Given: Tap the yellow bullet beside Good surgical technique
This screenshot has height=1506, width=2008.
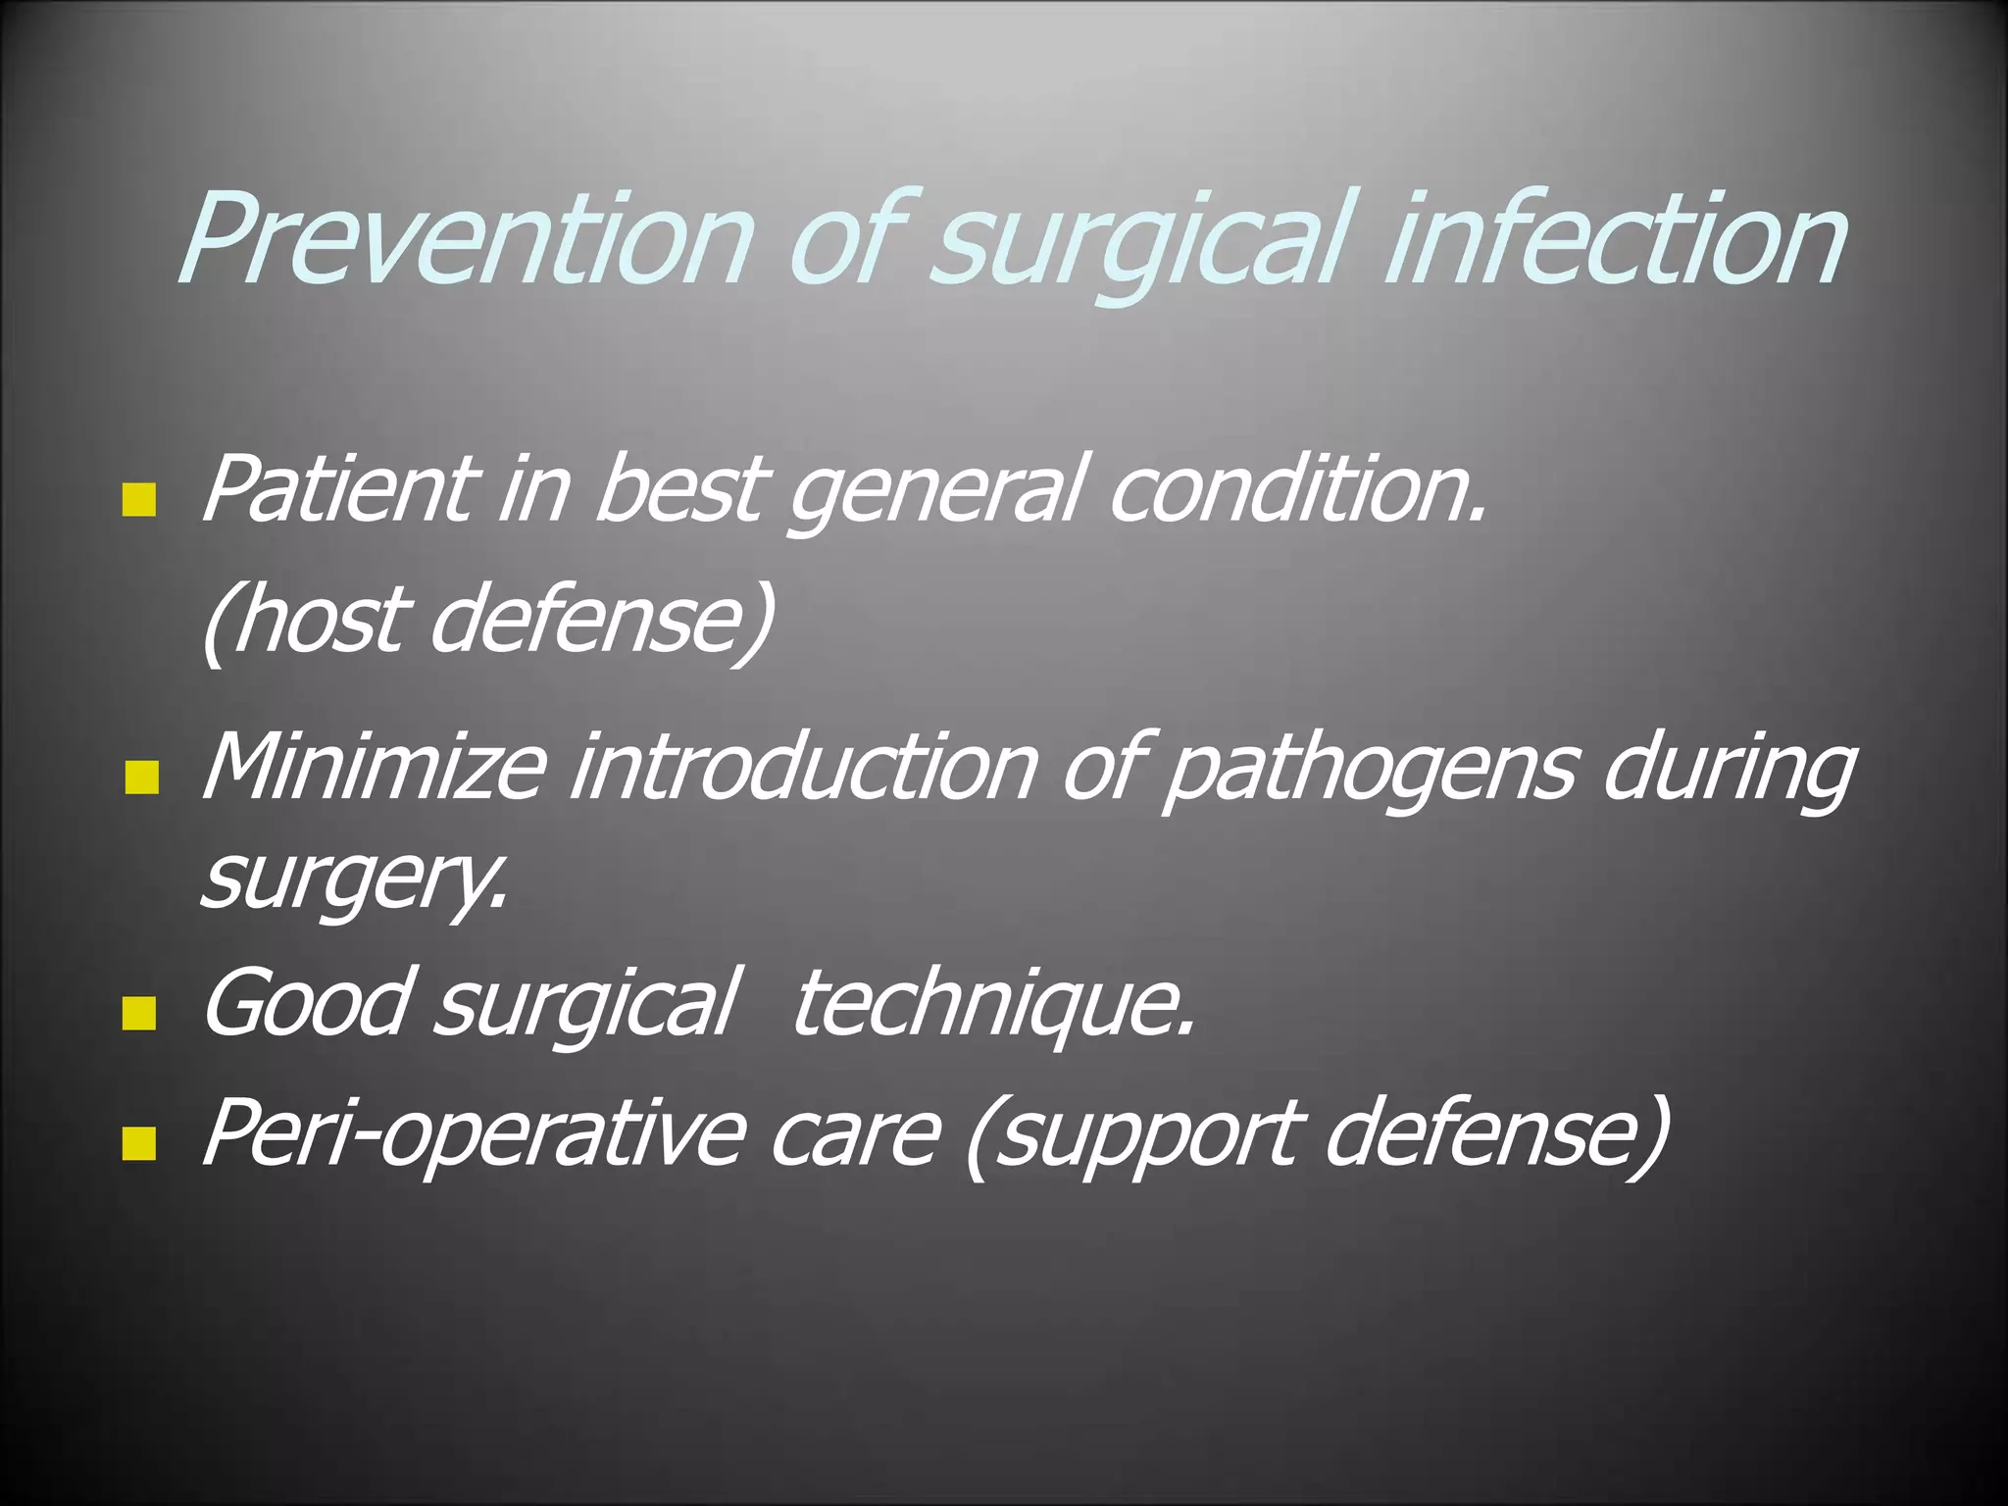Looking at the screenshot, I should pyautogui.click(x=140, y=1014).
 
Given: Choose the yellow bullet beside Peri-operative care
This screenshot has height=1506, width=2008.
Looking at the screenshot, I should pyautogui.click(x=140, y=1142).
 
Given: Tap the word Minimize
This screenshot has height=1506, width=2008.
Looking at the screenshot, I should pyautogui.click(x=373, y=766).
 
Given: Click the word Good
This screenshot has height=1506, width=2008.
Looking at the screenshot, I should pyautogui.click(x=304, y=1002).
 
